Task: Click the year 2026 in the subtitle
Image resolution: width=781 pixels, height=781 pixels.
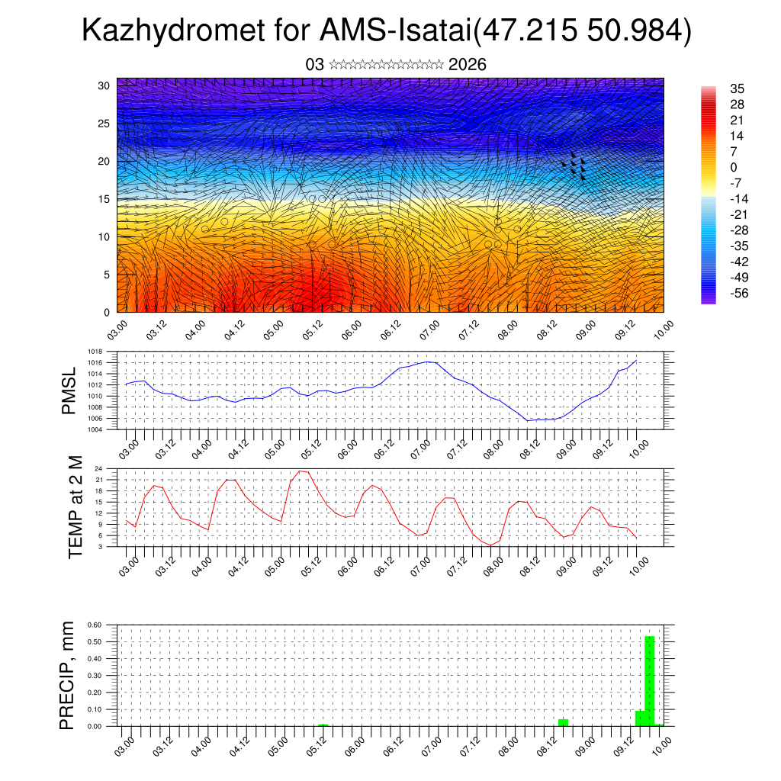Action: click(x=468, y=65)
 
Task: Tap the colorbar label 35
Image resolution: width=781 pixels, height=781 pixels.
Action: click(x=737, y=88)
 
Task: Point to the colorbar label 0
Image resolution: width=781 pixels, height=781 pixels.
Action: click(x=734, y=167)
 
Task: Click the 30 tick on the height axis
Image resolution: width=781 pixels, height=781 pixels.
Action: click(x=104, y=85)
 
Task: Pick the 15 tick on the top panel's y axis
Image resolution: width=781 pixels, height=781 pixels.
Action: click(x=104, y=199)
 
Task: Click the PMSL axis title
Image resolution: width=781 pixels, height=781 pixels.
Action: click(x=69, y=390)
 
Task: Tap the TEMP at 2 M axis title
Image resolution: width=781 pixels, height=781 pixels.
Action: click(x=75, y=507)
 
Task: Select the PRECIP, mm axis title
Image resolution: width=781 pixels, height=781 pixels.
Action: click(x=68, y=675)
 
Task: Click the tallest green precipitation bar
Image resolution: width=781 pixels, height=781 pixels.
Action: click(x=650, y=680)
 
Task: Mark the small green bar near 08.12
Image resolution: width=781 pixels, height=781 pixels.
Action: click(x=563, y=722)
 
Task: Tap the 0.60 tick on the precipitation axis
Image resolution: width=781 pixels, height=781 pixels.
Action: click(x=95, y=625)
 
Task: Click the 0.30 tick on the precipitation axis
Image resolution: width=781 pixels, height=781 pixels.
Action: click(x=95, y=676)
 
